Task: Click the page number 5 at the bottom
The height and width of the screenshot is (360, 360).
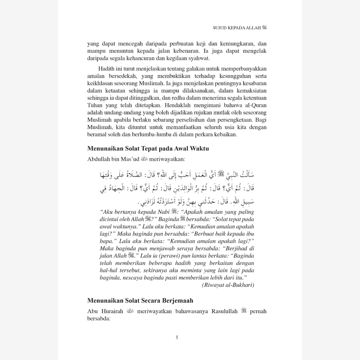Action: pos(177,337)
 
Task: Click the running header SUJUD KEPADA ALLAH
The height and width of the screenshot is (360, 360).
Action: pos(237,28)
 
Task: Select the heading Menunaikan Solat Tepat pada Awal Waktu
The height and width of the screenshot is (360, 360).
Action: pos(148,148)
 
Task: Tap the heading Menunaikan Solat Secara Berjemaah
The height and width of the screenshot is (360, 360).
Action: pos(140,301)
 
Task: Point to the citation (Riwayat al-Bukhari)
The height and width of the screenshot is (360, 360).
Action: pos(228,285)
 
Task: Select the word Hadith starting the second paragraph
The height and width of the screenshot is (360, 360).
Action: pos(107,69)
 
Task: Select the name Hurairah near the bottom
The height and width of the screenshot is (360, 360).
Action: pos(110,311)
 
